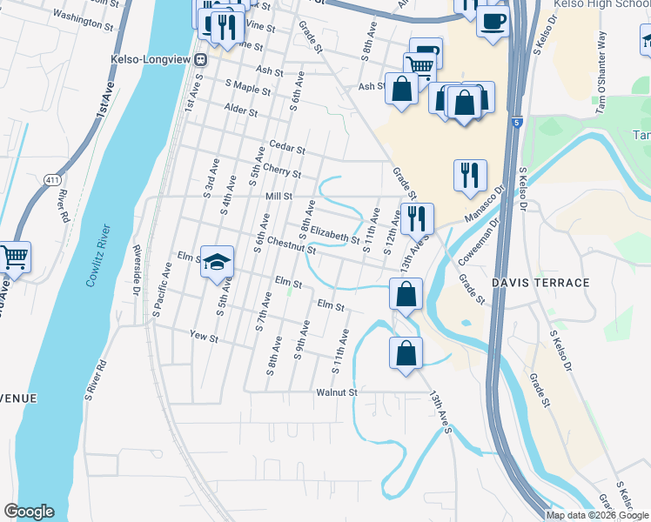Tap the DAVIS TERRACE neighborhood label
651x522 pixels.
(540, 283)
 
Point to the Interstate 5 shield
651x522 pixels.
(517, 122)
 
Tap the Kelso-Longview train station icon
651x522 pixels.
(200, 59)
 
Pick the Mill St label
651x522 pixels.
(279, 197)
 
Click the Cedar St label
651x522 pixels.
(288, 149)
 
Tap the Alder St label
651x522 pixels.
(241, 111)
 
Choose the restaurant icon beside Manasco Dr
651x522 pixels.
(470, 174)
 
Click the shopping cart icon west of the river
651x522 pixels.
(15, 257)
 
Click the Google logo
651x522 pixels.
(29, 512)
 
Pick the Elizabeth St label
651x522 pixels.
(335, 234)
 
